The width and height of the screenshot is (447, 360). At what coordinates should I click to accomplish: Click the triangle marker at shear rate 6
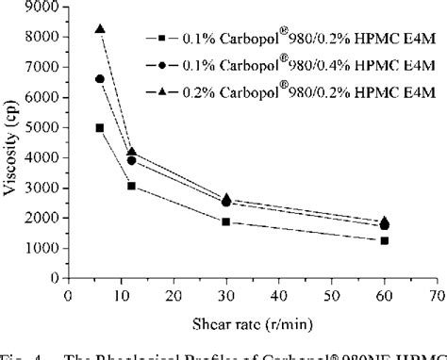pyautogui.click(x=100, y=29)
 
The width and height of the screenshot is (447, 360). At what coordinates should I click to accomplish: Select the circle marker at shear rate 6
pyautogui.click(x=100, y=79)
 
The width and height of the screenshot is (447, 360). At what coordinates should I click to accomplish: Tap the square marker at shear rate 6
pyautogui.click(x=100, y=127)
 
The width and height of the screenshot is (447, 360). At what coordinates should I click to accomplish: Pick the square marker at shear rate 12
pyautogui.click(x=131, y=186)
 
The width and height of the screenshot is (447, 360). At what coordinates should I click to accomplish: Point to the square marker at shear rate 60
pyautogui.click(x=384, y=240)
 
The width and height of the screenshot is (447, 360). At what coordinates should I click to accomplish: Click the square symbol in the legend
pyautogui.click(x=163, y=39)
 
